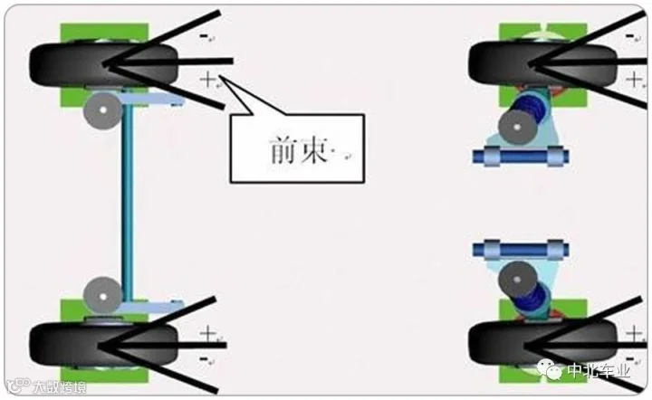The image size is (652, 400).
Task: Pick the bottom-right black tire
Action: pos(534,341)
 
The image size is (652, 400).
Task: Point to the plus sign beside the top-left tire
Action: pos(209,80)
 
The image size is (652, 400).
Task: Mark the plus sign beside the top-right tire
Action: pos(632,80)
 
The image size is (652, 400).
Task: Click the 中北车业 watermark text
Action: pos(602,372)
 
